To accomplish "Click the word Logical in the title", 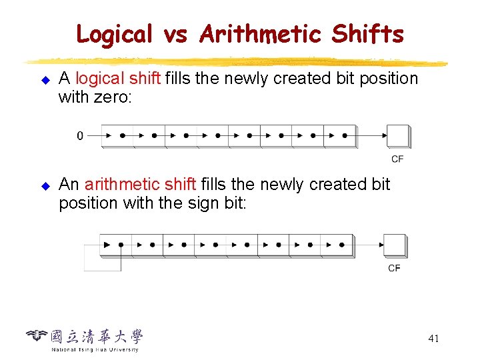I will (115, 33).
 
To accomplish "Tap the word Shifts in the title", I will (367, 33).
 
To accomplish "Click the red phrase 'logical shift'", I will (118, 79).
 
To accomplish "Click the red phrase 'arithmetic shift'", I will (140, 184).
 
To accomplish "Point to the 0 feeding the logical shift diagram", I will (81, 136).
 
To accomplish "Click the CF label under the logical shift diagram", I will (397, 159).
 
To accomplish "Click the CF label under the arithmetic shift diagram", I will (395, 269).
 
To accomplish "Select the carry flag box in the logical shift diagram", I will (398, 136).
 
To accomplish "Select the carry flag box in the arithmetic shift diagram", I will (395, 245).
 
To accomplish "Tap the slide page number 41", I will (433, 339).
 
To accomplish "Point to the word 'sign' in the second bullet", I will (193, 203).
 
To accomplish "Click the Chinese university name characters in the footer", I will (97, 337).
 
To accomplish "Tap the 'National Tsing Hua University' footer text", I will (95, 349).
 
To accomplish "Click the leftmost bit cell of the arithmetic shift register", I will (115, 245).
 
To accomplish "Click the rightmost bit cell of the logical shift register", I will (341, 136).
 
